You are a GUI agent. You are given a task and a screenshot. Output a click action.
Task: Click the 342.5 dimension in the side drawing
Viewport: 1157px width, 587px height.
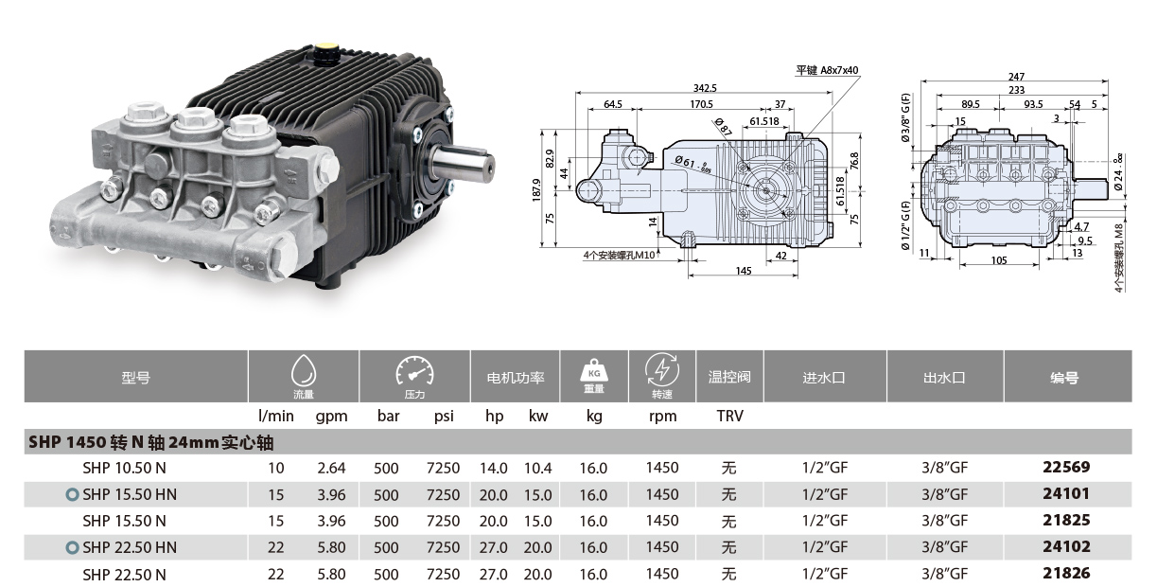click(705, 88)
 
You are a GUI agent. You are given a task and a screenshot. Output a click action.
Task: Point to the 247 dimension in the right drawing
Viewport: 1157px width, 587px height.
click(1016, 77)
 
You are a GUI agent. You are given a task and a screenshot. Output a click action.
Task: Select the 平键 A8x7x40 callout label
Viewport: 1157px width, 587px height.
click(827, 70)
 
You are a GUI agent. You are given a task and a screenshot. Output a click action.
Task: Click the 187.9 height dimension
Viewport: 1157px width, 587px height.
click(536, 190)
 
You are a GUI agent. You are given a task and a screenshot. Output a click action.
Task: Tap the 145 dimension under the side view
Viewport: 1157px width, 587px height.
click(744, 271)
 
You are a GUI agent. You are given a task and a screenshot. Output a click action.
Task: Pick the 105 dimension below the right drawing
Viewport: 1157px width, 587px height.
click(999, 260)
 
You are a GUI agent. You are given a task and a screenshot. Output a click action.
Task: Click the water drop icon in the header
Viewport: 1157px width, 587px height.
click(303, 370)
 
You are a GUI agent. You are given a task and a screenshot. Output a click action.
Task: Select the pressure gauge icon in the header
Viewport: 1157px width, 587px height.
click(414, 370)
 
